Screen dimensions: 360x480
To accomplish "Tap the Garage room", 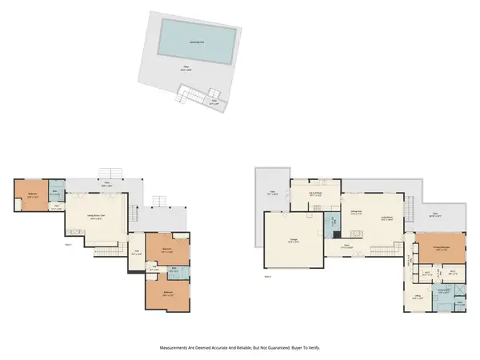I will (286, 232).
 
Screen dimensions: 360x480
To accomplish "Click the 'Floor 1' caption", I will (69, 244).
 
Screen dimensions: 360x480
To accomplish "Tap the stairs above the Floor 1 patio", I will (106, 174).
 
